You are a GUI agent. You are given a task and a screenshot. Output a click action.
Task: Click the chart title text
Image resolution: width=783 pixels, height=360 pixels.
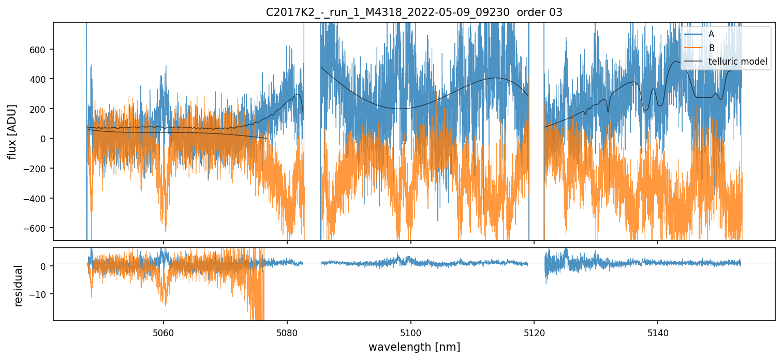414,12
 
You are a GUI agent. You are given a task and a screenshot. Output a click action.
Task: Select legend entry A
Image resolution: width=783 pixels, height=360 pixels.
711,34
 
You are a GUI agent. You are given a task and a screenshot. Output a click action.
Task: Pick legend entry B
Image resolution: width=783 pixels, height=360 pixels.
711,48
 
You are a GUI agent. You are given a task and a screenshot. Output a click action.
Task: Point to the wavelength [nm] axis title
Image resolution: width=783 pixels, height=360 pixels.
414,347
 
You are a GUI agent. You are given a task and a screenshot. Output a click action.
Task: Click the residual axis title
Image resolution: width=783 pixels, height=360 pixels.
19,286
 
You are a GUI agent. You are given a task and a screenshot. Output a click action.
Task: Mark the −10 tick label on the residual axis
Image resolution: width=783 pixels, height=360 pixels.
40,294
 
